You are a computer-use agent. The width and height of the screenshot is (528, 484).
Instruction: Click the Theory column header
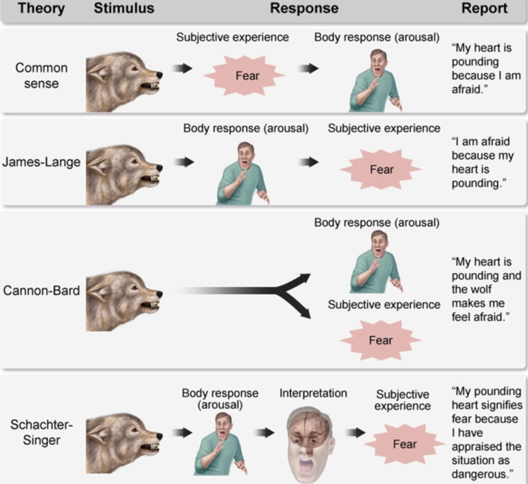point(41,8)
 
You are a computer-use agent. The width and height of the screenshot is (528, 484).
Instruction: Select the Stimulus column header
point(124,8)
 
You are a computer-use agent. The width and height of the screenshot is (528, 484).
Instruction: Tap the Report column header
point(484,8)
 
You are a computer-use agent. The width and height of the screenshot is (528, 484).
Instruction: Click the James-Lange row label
point(42,162)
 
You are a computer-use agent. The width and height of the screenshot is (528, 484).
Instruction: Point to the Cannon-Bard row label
point(42,290)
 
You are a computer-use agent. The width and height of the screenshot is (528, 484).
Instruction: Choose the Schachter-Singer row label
point(41,432)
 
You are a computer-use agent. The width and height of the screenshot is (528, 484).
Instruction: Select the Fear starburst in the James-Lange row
point(381,170)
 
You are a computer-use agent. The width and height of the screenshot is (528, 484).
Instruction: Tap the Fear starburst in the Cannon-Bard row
point(381,340)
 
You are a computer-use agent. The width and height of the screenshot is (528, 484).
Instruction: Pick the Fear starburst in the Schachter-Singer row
point(404,444)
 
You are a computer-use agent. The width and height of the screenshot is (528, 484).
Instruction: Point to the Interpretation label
point(313,393)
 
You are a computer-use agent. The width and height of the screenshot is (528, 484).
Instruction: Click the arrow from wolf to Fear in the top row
point(182,68)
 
